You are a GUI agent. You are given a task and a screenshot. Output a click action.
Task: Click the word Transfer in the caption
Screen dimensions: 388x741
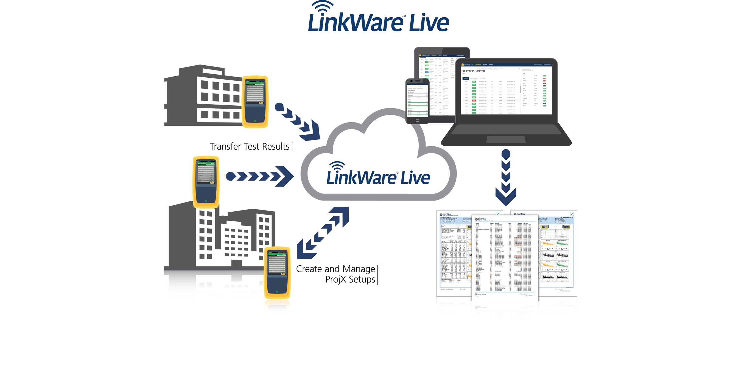pos(225,147)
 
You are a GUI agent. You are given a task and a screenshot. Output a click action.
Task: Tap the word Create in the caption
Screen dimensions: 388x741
pos(309,269)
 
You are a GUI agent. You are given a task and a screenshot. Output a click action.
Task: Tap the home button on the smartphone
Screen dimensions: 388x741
pos(417,121)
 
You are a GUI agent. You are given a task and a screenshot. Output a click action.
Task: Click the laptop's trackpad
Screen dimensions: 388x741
pos(506,140)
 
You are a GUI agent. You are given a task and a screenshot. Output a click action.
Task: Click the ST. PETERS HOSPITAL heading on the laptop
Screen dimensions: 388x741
pos(474,71)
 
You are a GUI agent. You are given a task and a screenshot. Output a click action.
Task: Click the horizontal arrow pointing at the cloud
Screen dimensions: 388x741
pos(260,176)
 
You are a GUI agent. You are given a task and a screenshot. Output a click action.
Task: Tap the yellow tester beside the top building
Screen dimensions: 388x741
pos(255,102)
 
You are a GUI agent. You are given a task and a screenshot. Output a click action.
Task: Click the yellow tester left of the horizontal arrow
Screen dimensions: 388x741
pos(206,182)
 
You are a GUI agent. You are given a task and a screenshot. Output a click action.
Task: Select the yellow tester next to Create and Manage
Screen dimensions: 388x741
pos(277,272)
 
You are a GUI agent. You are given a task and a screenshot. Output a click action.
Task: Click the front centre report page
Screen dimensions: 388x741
pos(505,257)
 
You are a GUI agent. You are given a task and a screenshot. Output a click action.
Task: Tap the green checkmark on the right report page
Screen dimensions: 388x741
pos(572,214)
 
